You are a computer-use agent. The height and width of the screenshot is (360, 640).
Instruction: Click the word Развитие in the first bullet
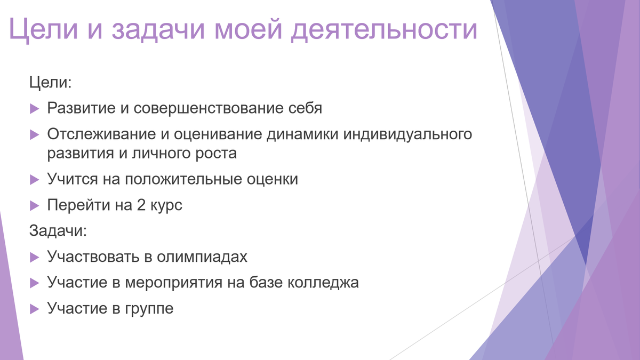(80, 108)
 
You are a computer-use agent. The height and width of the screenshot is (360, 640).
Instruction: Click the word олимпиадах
(203, 257)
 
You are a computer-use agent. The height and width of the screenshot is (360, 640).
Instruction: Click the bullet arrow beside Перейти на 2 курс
(35, 205)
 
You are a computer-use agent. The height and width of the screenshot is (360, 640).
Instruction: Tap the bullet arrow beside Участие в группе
(35, 308)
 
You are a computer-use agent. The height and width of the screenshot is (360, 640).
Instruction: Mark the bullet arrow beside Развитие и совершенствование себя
(35, 109)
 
